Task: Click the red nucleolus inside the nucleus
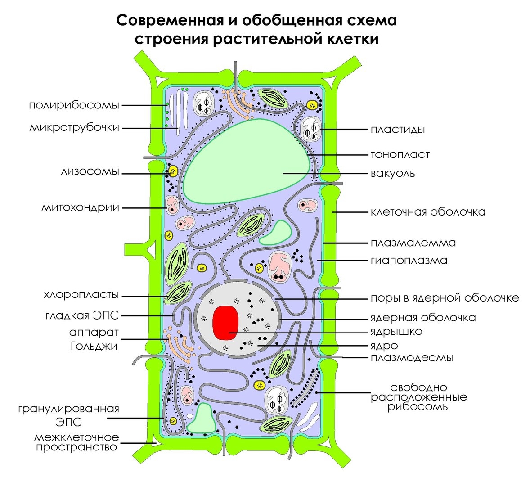(225, 322)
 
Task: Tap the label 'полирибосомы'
(74, 105)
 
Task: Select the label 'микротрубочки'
(74, 128)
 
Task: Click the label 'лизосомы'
(90, 172)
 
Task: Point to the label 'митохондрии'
(81, 207)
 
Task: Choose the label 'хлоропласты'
(81, 295)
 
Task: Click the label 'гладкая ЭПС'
(82, 315)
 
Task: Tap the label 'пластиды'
(398, 130)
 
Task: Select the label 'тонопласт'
(400, 154)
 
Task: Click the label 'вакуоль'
(393, 173)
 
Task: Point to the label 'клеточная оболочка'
(428, 211)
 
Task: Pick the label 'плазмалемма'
(413, 243)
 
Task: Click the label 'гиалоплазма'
(409, 260)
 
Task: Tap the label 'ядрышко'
(396, 332)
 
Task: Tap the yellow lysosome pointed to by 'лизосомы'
(172, 171)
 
